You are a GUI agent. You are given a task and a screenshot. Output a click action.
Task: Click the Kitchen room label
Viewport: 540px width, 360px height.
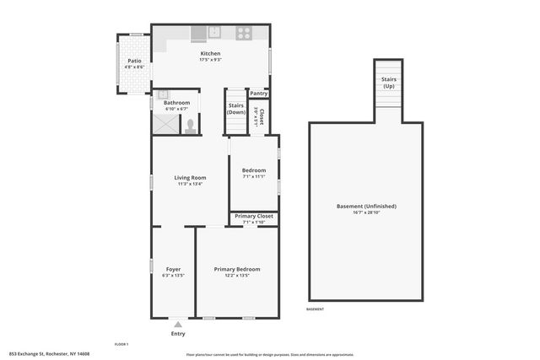[210, 53]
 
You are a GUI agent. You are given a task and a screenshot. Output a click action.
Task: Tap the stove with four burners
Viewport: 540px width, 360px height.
[243, 34]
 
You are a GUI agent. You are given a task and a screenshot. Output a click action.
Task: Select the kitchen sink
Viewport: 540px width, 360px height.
[214, 33]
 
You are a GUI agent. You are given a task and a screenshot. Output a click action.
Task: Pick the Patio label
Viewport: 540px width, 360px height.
[134, 61]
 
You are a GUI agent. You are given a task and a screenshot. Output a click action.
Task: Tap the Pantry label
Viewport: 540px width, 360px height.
[259, 94]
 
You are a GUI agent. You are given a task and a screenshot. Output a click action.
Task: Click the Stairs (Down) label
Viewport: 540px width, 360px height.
[236, 109]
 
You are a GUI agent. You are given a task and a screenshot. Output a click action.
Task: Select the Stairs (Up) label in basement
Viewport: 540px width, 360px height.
[389, 83]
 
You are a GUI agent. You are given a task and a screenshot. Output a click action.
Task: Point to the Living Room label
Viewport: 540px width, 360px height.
[190, 178]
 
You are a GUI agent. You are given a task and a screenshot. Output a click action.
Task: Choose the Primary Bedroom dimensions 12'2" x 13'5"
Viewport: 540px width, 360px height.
[236, 275]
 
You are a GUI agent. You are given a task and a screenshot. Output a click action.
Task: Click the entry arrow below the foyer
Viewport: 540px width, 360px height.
[178, 324]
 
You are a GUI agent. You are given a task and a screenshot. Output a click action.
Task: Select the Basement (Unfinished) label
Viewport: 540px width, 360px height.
[366, 206]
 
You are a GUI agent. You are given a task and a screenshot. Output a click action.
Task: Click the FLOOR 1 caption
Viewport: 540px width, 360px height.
[121, 344]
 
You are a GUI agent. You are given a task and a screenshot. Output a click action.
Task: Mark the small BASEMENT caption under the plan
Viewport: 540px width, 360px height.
[315, 309]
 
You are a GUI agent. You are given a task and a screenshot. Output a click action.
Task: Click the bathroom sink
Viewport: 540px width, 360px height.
[163, 94]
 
